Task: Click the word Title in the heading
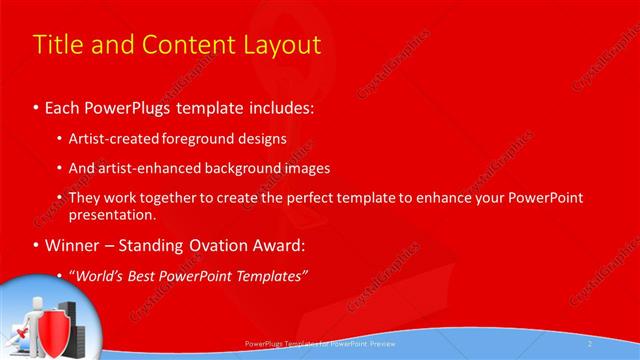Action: (58, 45)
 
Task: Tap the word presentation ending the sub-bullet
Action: (111, 214)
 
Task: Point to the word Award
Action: (284, 245)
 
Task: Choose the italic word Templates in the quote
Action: (270, 275)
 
